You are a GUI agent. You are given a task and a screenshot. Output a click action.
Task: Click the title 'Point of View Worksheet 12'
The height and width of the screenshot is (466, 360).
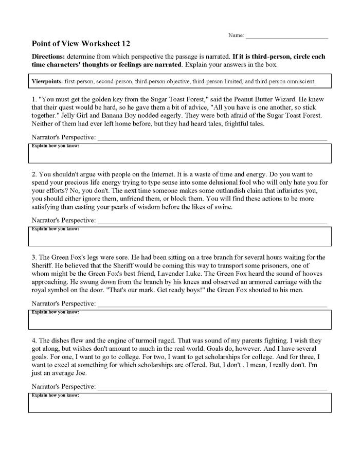[x=81, y=44]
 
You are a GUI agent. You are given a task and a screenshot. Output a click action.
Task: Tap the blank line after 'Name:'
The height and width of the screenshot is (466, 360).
[x=286, y=37]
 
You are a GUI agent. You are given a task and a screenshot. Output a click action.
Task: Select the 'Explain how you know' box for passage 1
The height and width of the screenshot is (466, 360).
[x=179, y=153]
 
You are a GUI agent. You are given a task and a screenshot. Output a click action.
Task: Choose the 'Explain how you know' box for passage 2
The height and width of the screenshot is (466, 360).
[x=179, y=237]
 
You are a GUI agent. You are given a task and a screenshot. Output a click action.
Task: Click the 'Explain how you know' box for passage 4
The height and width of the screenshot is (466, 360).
[x=179, y=403]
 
